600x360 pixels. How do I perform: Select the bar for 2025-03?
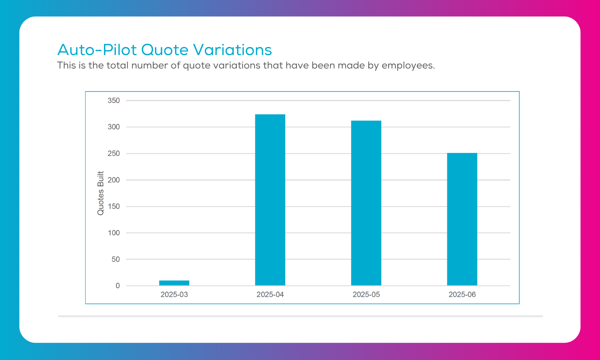coord(174,283)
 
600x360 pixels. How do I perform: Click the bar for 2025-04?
coord(270,200)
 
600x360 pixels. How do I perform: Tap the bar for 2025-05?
coord(366,203)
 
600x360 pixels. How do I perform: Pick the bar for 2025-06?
coord(462,219)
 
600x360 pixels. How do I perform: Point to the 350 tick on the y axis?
coord(114,100)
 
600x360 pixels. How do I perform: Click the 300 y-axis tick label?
coord(114,127)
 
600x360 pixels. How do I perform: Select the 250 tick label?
coord(114,154)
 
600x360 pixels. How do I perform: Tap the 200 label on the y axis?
coord(114,180)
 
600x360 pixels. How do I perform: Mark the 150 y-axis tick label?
coord(114,206)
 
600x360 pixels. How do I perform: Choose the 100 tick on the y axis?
coord(114,233)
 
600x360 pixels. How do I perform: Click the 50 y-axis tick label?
coord(116,259)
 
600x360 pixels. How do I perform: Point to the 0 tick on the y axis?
coord(118,286)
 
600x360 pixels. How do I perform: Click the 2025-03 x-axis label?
coord(174,294)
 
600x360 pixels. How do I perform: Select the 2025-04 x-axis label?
coord(270,294)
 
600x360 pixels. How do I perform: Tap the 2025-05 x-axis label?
coord(366,294)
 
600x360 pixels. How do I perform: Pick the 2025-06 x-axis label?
coord(462,294)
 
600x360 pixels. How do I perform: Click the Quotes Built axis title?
coord(100,193)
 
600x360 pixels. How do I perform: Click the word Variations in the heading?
coord(233,50)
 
